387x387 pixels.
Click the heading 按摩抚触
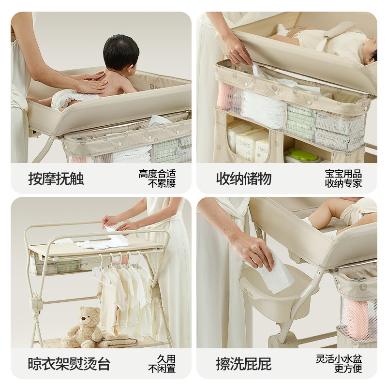click(56, 179)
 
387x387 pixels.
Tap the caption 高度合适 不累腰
click(157, 179)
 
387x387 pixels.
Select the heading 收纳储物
click(244, 179)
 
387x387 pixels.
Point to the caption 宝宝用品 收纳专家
click(343, 179)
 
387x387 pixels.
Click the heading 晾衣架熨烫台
click(69, 364)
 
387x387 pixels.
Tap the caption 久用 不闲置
click(162, 364)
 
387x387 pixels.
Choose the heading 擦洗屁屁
click(244, 364)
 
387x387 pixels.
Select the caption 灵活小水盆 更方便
click(339, 364)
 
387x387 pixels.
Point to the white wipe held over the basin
click(276, 274)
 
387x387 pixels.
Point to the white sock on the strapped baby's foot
click(283, 30)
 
